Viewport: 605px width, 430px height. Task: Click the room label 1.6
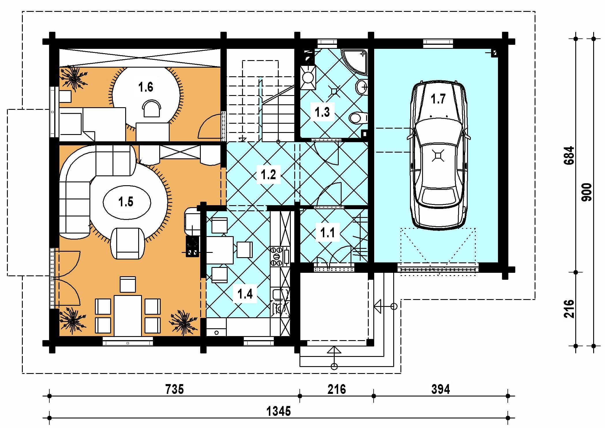tap(145, 87)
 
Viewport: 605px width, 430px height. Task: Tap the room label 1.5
tap(126, 202)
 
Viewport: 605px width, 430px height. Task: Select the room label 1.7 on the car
tap(438, 99)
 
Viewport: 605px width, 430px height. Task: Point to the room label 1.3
tap(322, 112)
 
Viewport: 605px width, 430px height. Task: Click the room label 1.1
tap(327, 232)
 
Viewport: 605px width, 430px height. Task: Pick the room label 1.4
tap(245, 294)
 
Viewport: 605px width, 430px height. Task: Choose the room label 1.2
tap(268, 174)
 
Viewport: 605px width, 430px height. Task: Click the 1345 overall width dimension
tap(278, 411)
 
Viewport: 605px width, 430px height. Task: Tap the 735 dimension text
tap(175, 389)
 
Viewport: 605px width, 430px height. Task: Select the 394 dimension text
tap(441, 389)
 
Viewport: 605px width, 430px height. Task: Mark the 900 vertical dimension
tap(587, 192)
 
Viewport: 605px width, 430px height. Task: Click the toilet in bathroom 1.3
tap(358, 118)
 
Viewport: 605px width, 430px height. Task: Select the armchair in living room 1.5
tap(127, 243)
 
